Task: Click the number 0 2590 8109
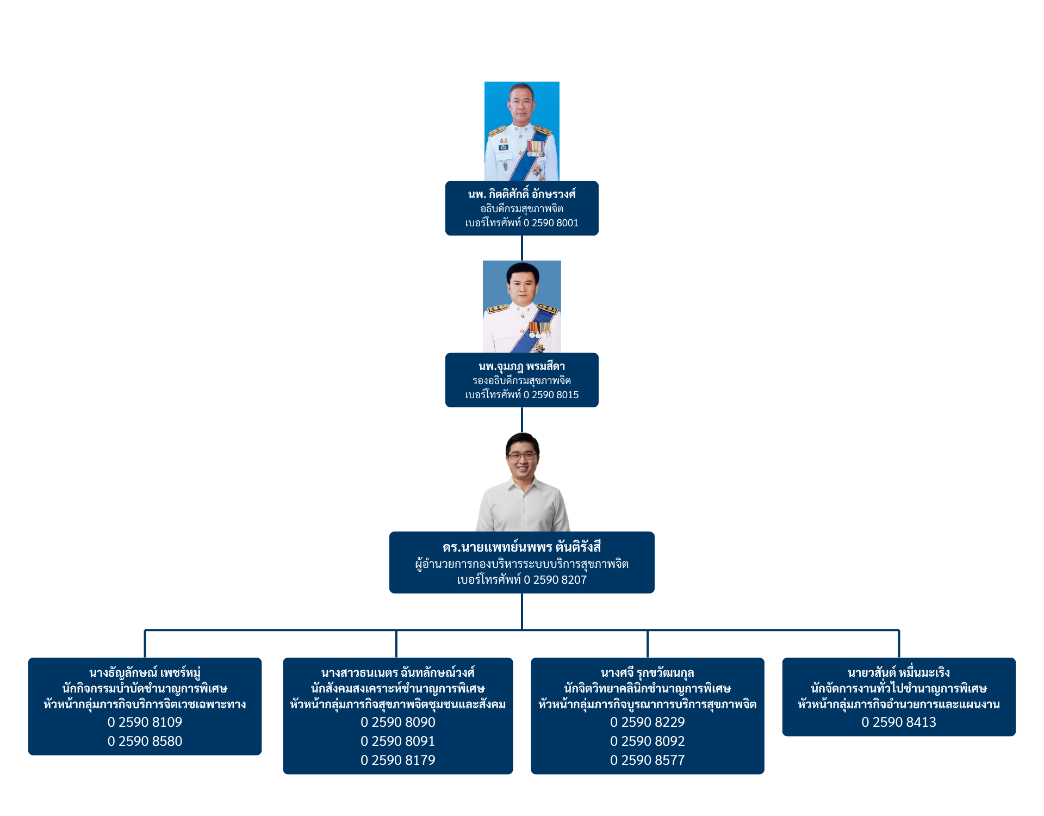point(145,722)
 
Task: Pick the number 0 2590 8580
point(145,741)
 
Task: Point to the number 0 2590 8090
point(398,722)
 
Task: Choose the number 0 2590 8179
point(398,760)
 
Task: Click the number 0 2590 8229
point(647,722)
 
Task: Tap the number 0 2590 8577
point(647,760)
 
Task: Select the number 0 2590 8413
point(899,722)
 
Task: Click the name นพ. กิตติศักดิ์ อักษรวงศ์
point(522,194)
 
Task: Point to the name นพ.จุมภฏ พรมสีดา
point(522,366)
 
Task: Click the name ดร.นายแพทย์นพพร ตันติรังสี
point(522,547)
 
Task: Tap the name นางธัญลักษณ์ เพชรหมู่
point(145,673)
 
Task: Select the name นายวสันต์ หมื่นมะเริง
point(899,673)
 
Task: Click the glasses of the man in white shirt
point(522,456)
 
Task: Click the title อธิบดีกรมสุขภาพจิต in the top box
point(522,209)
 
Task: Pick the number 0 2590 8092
point(647,741)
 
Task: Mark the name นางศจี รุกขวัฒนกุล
point(647,673)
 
